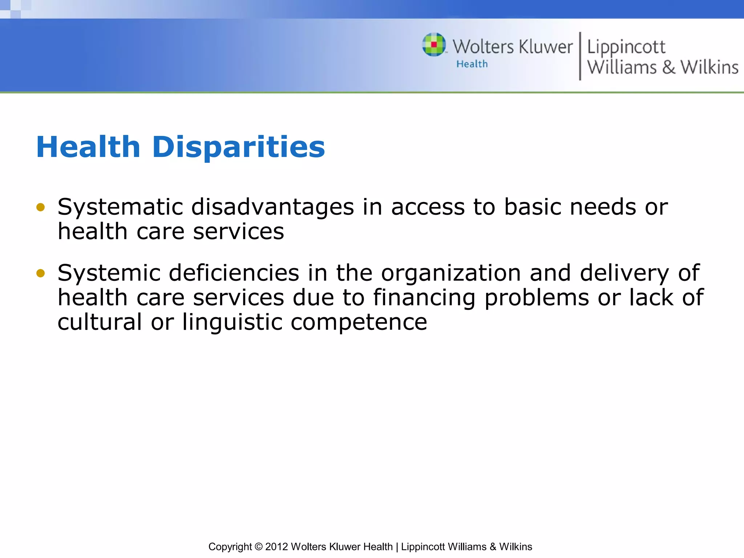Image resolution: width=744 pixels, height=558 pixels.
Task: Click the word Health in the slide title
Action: pyautogui.click(x=88, y=147)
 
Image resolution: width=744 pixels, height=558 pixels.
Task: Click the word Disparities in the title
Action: pyautogui.click(x=238, y=147)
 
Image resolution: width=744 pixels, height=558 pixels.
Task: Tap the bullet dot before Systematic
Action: pyautogui.click(x=41, y=207)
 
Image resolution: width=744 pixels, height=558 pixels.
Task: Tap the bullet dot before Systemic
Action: pyautogui.click(x=41, y=273)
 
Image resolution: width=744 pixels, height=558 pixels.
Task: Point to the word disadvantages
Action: pyautogui.click(x=272, y=207)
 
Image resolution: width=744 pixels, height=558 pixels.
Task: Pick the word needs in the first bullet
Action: pyautogui.click(x=603, y=207)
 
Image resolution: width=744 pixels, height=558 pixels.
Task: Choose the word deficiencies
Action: pyautogui.click(x=234, y=273)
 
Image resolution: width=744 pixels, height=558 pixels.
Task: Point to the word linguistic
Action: pyautogui.click(x=232, y=323)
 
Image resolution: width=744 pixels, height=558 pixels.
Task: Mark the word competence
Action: pyautogui.click(x=359, y=323)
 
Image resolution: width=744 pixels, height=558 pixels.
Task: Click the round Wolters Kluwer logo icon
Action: pyautogui.click(x=434, y=45)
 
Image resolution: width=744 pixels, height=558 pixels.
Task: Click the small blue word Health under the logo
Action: pyautogui.click(x=472, y=64)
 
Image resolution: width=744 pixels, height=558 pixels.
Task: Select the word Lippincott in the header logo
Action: pyautogui.click(x=626, y=47)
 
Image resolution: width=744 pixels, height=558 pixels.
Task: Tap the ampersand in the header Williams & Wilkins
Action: pyautogui.click(x=668, y=68)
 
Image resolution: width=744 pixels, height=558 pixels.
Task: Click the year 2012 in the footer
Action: pyautogui.click(x=276, y=547)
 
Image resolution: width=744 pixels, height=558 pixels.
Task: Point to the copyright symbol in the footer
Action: pyautogui.click(x=258, y=547)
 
